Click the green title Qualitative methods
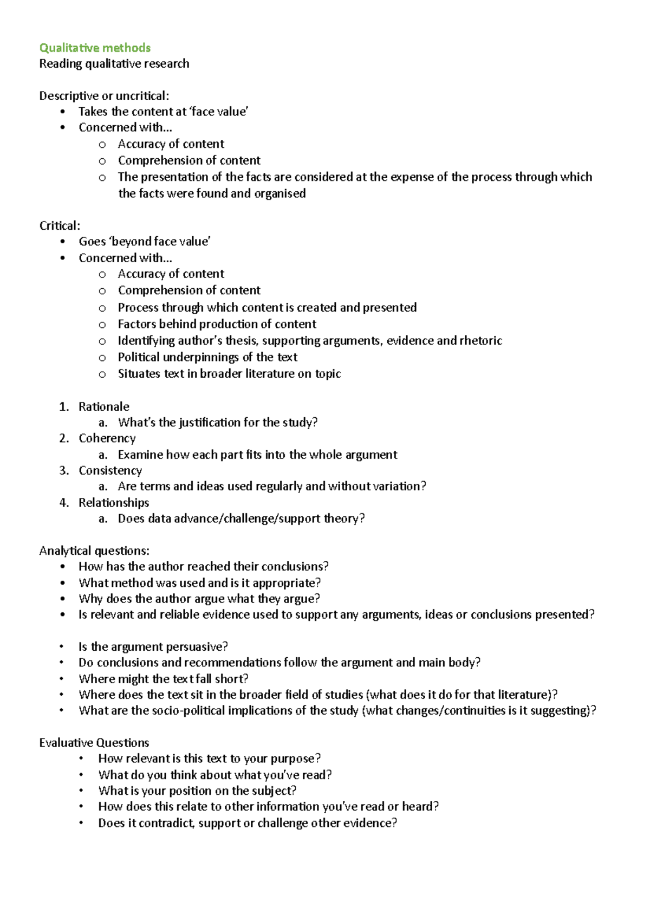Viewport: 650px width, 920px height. [95, 48]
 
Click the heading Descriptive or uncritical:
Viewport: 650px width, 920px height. [104, 96]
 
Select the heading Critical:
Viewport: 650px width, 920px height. [60, 226]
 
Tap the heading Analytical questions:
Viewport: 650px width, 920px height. [94, 551]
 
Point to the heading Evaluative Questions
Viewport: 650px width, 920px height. [94, 743]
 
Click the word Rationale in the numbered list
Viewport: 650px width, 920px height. [104, 407]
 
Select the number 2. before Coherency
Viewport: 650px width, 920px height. [64, 438]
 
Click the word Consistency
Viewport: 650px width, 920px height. [110, 470]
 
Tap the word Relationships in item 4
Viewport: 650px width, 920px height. [114, 503]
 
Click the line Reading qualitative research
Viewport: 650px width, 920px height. [114, 64]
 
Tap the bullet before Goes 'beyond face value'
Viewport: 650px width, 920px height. [63, 242]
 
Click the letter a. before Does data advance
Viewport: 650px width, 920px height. [103, 519]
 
